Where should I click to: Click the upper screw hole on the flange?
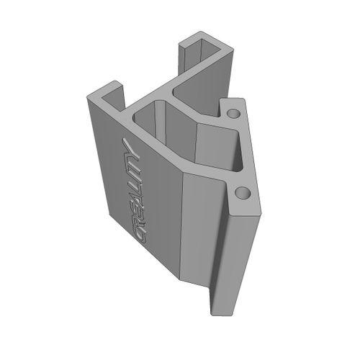pyautogui.click(x=232, y=114)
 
